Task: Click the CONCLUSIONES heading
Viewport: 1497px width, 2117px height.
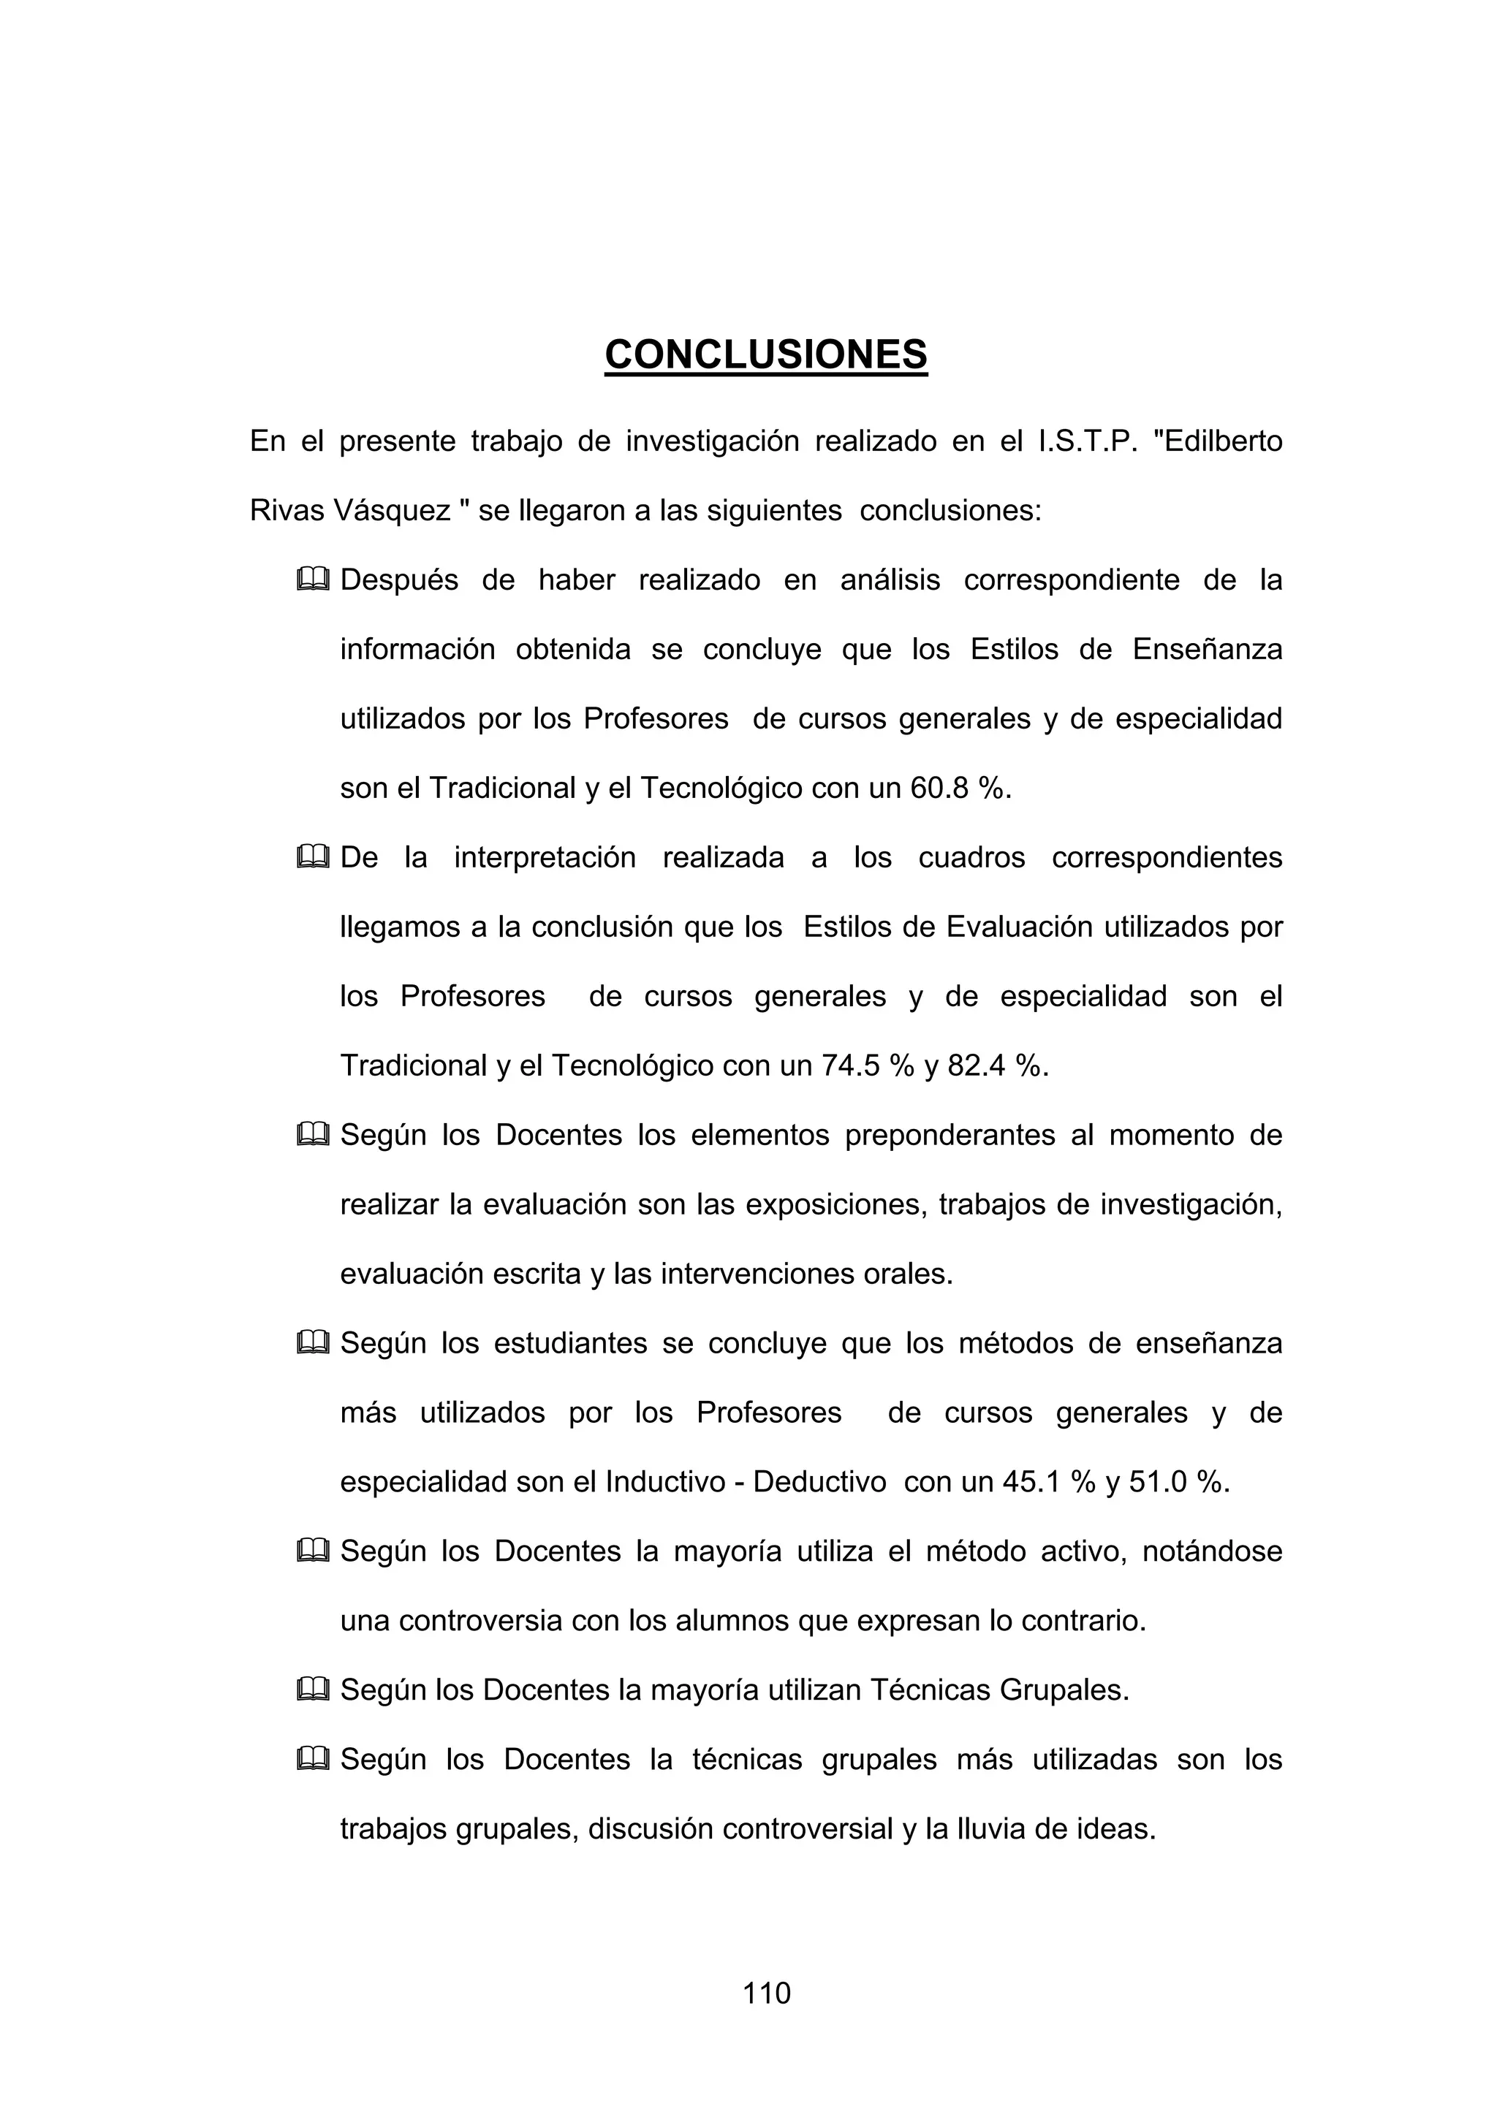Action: [x=765, y=355]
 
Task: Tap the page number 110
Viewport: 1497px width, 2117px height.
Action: [x=767, y=1994]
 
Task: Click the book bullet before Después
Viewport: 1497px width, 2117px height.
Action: [x=313, y=580]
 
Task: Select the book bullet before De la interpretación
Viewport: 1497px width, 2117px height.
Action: [x=313, y=857]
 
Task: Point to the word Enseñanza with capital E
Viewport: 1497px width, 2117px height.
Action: [x=1207, y=650]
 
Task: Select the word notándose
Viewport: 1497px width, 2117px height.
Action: [x=1212, y=1551]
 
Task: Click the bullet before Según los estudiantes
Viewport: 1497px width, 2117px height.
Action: [x=313, y=1343]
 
